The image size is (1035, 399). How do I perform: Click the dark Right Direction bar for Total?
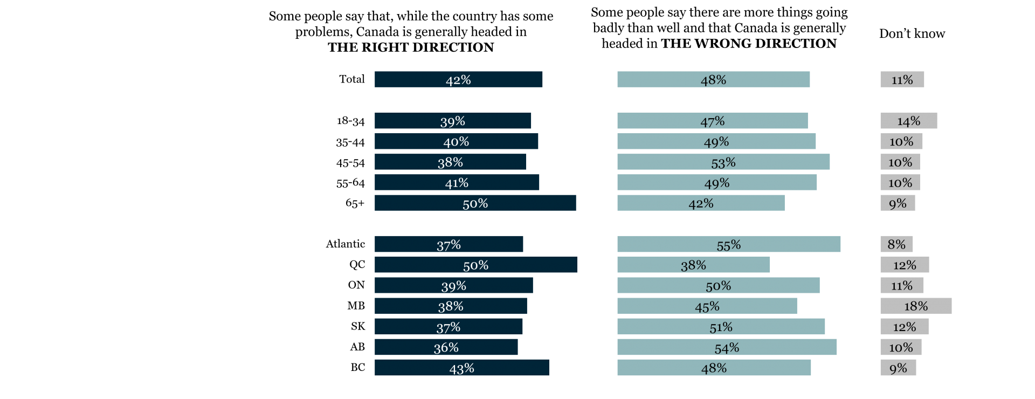click(x=458, y=79)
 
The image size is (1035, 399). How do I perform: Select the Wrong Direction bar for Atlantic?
click(x=729, y=244)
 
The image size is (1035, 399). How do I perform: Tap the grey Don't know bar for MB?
click(x=916, y=306)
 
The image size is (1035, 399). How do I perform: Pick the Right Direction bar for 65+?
click(x=475, y=203)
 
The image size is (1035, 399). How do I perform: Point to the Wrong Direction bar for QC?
click(x=694, y=265)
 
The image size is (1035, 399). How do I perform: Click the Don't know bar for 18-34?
click(x=909, y=121)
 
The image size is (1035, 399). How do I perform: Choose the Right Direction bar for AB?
click(x=446, y=347)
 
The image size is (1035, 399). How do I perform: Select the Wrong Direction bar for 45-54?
click(x=723, y=162)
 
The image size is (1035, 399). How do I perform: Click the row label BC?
click(x=358, y=368)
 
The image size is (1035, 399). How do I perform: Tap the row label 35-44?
click(x=350, y=142)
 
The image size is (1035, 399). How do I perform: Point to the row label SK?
click(x=358, y=326)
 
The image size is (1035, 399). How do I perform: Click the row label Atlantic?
click(x=346, y=244)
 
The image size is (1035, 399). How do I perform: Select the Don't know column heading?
click(x=912, y=33)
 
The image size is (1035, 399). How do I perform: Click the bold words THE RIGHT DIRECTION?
click(x=411, y=47)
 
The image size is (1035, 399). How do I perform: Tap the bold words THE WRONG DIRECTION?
click(x=749, y=44)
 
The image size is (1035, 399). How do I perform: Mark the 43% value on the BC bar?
click(x=462, y=368)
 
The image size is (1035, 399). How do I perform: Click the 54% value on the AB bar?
click(x=727, y=348)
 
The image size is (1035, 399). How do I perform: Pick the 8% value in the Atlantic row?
click(x=896, y=244)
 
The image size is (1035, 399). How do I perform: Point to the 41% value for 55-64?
click(x=457, y=183)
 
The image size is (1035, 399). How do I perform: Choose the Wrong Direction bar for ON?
click(x=719, y=285)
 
